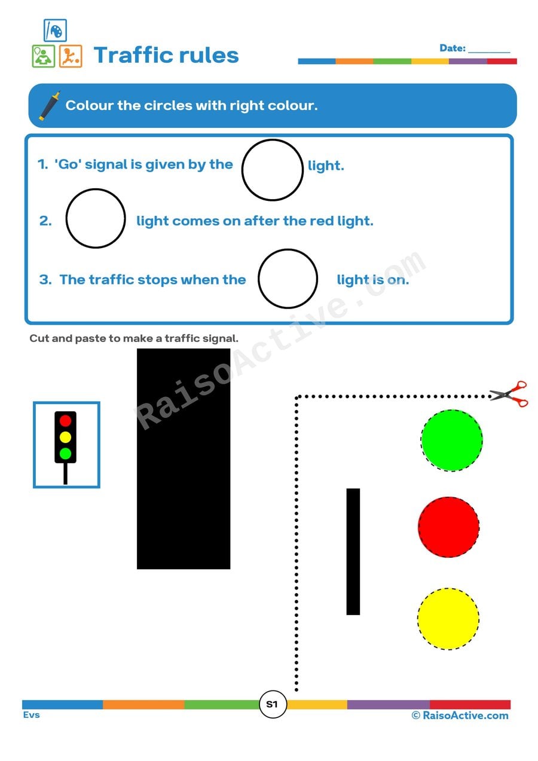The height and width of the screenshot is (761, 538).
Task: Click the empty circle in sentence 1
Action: click(273, 170)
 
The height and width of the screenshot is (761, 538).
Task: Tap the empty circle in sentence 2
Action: click(96, 218)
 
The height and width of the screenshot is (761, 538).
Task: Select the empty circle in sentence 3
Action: click(288, 279)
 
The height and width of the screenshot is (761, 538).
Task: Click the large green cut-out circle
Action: click(451, 441)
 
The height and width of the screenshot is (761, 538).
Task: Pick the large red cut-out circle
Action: click(448, 527)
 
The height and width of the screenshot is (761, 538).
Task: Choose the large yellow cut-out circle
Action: click(448, 618)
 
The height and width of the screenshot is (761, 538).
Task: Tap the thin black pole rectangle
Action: click(353, 551)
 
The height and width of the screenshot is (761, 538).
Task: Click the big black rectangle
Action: click(184, 459)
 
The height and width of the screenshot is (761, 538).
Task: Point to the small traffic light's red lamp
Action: click(66, 421)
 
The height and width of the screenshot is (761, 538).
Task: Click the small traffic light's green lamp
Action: click(66, 453)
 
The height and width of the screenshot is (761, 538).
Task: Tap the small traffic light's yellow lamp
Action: click(66, 437)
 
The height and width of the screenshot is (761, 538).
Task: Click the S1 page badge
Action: click(273, 704)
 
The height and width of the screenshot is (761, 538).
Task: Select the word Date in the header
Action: click(453, 48)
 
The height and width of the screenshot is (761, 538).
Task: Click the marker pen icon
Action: click(50, 106)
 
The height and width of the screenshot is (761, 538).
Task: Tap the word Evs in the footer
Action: click(32, 715)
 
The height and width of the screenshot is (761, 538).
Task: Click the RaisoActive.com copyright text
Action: click(460, 716)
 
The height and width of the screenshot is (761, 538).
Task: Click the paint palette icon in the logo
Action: click(55, 30)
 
